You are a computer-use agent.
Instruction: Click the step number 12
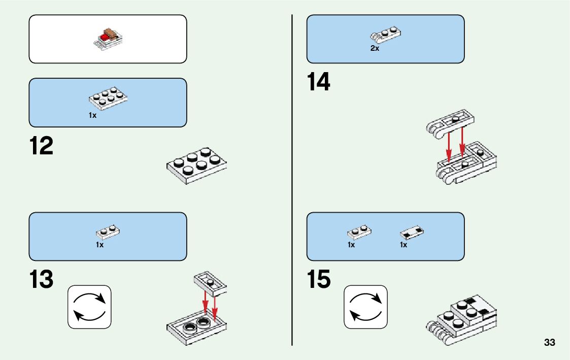coord(41,146)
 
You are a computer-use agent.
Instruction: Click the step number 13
coord(41,280)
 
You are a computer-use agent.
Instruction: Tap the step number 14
coord(318,82)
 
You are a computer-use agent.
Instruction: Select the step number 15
coord(319,280)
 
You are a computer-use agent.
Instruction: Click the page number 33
coord(549,343)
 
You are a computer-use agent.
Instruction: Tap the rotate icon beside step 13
coord(89,307)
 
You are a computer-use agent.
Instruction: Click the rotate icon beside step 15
coord(365,307)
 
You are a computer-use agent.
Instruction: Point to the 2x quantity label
coord(375,49)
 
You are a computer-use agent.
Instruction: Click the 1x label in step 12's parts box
coord(92,115)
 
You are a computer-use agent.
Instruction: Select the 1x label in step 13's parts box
coord(99,245)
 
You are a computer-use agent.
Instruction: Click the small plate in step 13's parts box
coord(108,232)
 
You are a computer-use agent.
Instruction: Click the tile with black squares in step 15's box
coord(412,233)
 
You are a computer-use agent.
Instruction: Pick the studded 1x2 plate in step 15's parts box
coord(359,232)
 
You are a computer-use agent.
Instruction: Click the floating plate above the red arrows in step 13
coord(210,283)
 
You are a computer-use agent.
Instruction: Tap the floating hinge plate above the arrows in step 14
coord(451,123)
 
